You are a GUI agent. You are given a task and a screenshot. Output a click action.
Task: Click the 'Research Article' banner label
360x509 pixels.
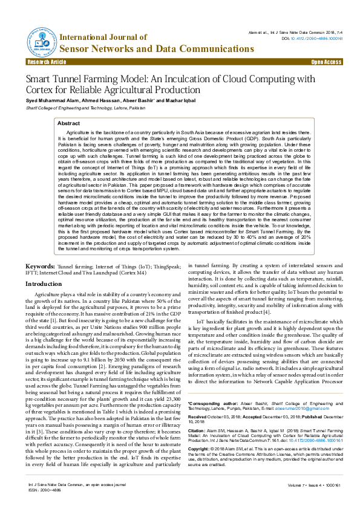47,62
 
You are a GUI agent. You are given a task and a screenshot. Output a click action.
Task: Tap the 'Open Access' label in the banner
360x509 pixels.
326,62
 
